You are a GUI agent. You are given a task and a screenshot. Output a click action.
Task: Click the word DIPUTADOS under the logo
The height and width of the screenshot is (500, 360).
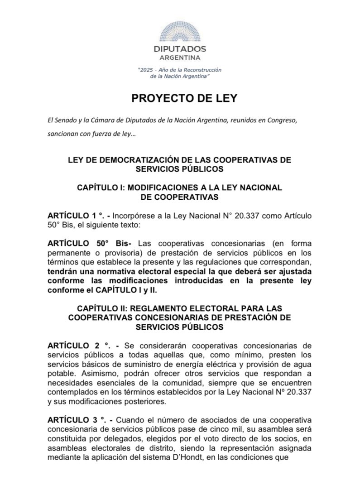[180, 49]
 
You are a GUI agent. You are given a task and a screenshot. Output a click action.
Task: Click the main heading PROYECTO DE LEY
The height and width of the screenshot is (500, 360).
[180, 99]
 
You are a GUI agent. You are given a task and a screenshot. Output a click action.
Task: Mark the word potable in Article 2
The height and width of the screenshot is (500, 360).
[61, 373]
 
